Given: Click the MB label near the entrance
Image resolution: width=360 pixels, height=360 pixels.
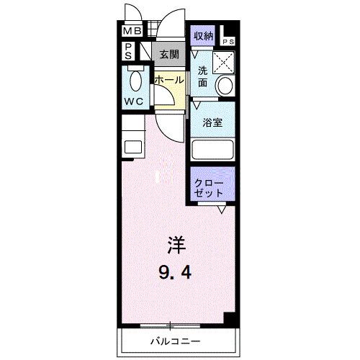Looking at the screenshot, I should tap(131, 32).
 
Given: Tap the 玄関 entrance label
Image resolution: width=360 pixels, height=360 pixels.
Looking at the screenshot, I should tap(169, 54).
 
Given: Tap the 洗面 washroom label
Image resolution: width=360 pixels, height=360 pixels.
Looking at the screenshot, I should tap(203, 76).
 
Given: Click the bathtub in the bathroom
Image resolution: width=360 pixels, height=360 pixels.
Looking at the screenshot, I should tap(213, 150).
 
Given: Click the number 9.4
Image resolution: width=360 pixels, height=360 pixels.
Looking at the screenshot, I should tap(174, 274).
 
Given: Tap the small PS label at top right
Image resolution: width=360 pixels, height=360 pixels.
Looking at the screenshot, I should tap(228, 42).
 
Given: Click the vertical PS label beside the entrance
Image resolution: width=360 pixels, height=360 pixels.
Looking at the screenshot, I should tap(127, 51).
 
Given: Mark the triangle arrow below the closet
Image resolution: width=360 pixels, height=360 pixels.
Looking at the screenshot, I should tap(222, 210).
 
